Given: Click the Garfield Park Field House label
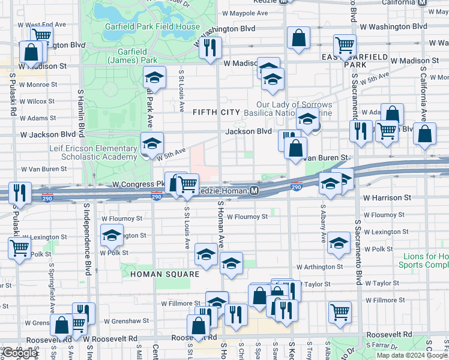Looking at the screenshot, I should coord(152,27).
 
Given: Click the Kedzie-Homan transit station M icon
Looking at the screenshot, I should coord(255,191).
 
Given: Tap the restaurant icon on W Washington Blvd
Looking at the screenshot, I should coord(210,47).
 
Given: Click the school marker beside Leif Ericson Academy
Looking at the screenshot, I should coord(152,143).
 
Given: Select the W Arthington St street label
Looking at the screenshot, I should coord(319,267).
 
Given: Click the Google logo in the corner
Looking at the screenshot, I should coord(19,353).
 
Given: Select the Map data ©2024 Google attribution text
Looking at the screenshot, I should coord(411,355).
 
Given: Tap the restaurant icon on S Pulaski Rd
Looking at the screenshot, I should coord(20,194).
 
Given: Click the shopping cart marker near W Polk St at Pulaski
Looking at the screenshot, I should coord(20,247).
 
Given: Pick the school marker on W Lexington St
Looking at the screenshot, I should coord(112,236).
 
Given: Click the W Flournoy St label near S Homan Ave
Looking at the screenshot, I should coord(248,217).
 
